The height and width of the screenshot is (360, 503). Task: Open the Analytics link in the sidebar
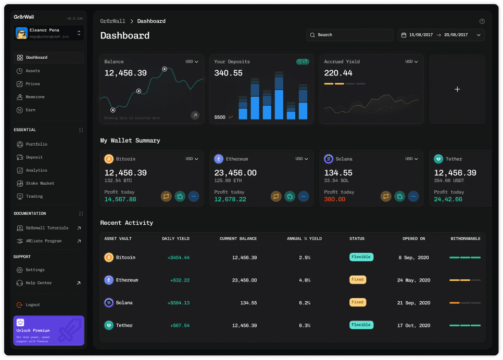tap(36, 170)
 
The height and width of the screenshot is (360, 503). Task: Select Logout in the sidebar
tap(32, 305)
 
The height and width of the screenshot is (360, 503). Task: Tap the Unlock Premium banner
tap(49, 330)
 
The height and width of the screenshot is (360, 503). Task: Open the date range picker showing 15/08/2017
tap(441, 35)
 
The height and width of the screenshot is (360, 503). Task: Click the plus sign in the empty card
tap(457, 89)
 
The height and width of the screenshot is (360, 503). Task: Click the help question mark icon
tap(482, 21)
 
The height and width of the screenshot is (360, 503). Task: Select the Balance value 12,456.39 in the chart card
tap(125, 73)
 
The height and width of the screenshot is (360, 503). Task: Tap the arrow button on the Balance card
tap(195, 115)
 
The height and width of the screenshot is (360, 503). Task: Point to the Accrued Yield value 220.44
tap(338, 73)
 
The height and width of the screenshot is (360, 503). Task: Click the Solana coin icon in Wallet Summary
tap(329, 159)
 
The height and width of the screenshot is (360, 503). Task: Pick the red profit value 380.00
tap(334, 199)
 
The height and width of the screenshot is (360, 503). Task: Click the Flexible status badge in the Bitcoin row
tap(361, 257)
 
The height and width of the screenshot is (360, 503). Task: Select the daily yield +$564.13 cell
tap(178, 303)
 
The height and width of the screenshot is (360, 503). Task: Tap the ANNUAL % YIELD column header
tap(304, 239)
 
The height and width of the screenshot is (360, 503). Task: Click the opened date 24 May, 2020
tap(413, 280)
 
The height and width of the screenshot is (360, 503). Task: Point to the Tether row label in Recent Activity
tap(124, 325)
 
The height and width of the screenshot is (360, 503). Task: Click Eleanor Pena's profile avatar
tap(21, 33)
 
